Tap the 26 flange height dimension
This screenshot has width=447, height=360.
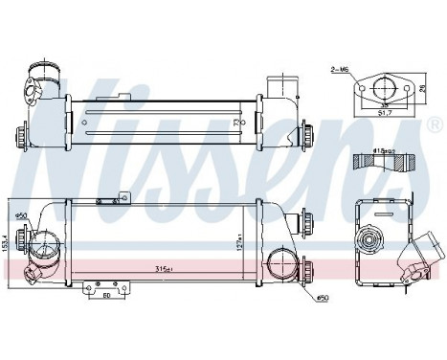click(423, 89)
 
